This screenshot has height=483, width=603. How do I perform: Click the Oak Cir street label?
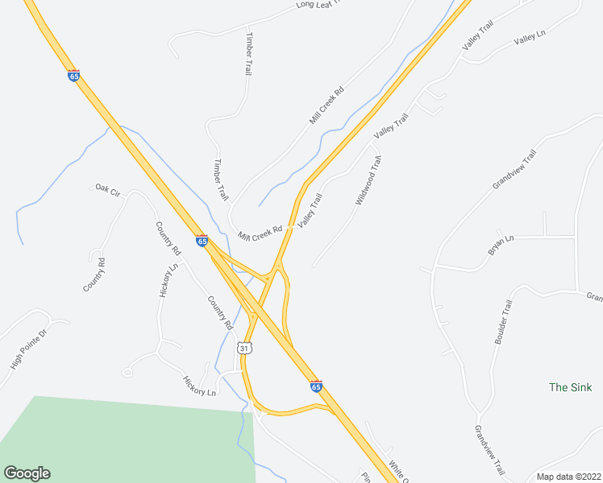[x=107, y=190]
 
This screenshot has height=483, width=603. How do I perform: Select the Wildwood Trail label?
[x=368, y=180]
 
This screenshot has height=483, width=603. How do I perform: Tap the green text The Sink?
[x=570, y=387]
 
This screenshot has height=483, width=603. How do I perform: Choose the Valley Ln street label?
[x=530, y=39]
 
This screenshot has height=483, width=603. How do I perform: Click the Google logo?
[x=27, y=473]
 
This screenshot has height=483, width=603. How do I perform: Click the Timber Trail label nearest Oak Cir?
[x=220, y=180]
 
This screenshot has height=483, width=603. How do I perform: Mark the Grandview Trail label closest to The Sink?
[x=490, y=449]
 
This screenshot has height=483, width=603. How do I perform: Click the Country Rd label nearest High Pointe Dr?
[x=94, y=275]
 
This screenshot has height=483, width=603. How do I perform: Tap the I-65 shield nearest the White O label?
[x=316, y=386]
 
